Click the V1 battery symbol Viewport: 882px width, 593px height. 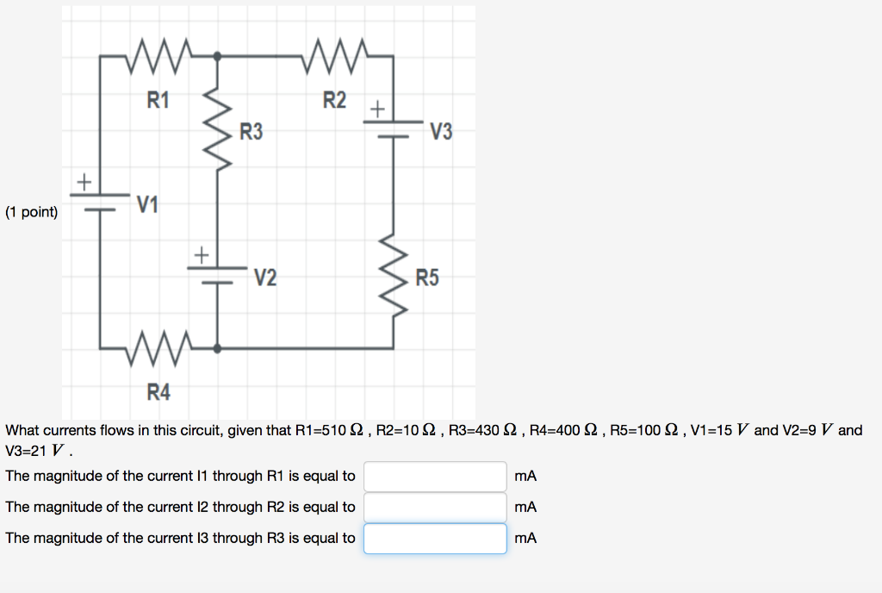click(x=100, y=202)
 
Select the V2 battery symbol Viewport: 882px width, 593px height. click(x=217, y=274)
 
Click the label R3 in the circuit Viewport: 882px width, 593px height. click(x=252, y=133)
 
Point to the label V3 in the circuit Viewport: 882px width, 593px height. click(x=440, y=133)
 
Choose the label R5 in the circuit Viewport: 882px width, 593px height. click(x=426, y=278)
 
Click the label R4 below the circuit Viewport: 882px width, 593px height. click(x=158, y=393)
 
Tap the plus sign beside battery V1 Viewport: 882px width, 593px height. click(x=84, y=182)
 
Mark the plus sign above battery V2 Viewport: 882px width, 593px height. click(x=201, y=255)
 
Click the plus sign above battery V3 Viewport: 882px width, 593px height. click(x=377, y=109)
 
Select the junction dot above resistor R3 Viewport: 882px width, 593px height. click(x=217, y=56)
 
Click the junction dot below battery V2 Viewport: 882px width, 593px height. click(x=217, y=348)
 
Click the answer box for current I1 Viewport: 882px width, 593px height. click(x=435, y=476)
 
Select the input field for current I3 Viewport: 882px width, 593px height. click(x=435, y=538)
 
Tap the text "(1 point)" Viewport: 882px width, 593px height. click(x=32, y=212)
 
